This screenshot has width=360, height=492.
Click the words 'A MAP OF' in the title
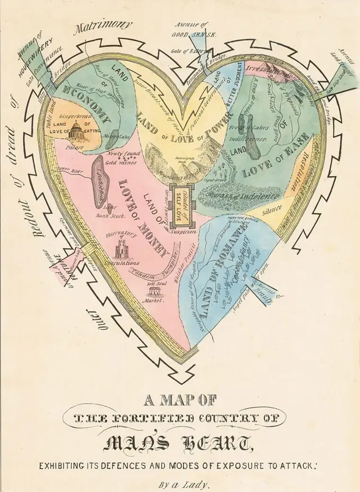(x=180, y=401)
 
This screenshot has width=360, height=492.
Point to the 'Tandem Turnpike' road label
(x=155, y=269)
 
